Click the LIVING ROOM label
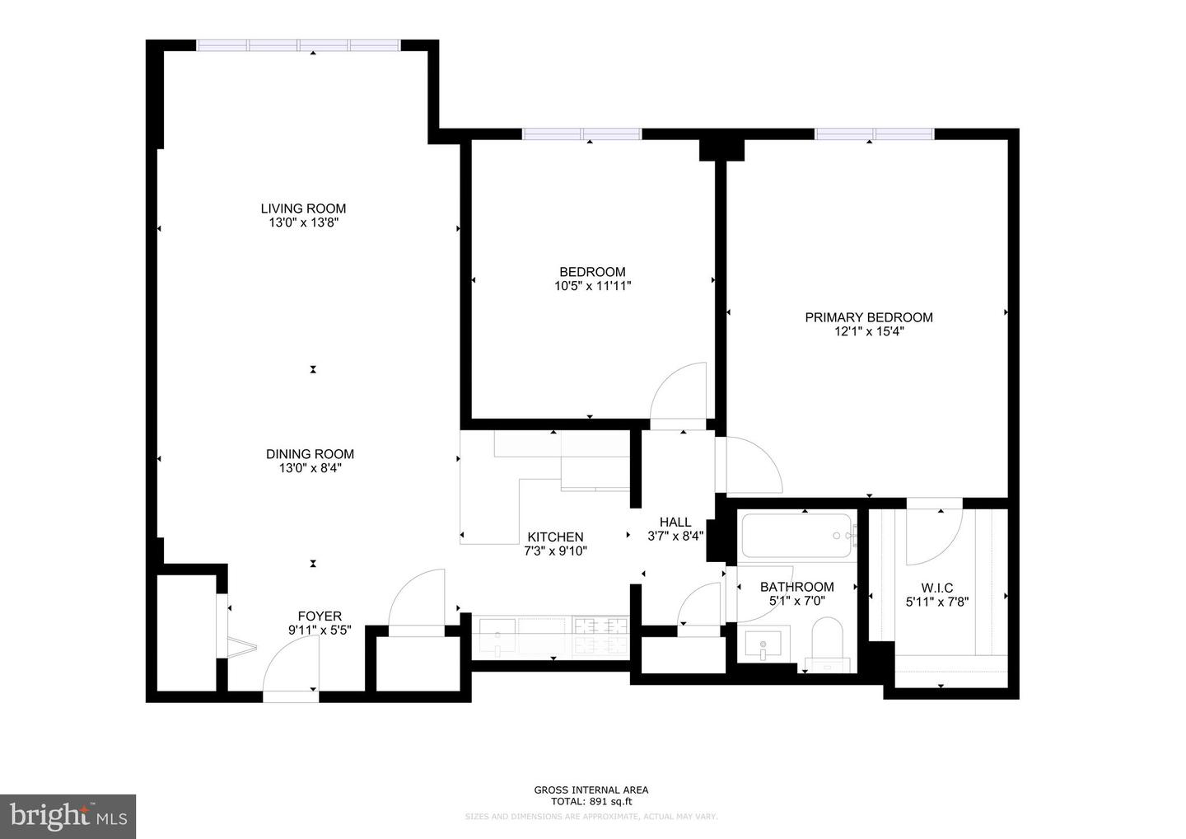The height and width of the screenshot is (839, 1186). (x=303, y=209)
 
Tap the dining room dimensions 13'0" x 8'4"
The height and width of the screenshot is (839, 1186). (x=310, y=468)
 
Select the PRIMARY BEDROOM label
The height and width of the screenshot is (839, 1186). (x=868, y=317)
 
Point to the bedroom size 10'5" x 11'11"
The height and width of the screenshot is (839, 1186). (x=592, y=286)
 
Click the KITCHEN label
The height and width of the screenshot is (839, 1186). (x=555, y=537)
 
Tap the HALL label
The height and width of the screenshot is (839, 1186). (x=675, y=522)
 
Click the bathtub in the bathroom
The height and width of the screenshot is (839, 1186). (x=797, y=536)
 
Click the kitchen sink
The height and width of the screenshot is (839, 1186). (x=498, y=637)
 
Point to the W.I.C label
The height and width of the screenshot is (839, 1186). (x=936, y=588)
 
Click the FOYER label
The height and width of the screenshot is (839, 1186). (x=320, y=616)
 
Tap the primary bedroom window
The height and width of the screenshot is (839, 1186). (x=874, y=134)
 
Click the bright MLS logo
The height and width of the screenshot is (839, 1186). (x=68, y=816)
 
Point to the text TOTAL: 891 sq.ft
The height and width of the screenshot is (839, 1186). (x=591, y=801)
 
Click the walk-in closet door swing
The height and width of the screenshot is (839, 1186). (x=933, y=536)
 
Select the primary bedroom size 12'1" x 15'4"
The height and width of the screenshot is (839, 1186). (x=868, y=331)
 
